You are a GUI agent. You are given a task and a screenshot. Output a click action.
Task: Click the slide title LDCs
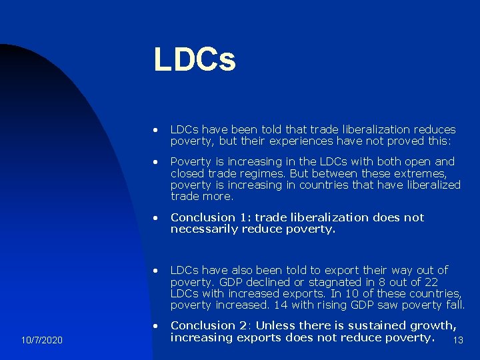[194, 59]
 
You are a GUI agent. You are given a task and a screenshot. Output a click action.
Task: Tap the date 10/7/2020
[41, 341]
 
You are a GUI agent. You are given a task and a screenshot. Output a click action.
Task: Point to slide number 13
[457, 341]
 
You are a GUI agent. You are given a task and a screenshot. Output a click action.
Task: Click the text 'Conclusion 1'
[208, 217]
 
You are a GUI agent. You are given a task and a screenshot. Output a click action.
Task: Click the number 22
[431, 282]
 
